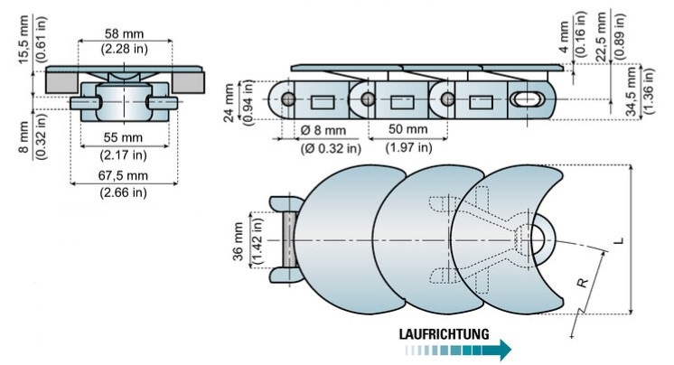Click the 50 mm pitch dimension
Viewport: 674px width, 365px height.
point(409,132)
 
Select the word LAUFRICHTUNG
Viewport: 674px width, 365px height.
point(444,333)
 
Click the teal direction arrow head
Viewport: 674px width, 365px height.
point(505,349)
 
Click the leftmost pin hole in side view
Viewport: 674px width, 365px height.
point(288,98)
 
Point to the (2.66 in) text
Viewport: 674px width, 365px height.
point(126,192)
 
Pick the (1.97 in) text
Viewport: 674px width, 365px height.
point(409,147)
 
